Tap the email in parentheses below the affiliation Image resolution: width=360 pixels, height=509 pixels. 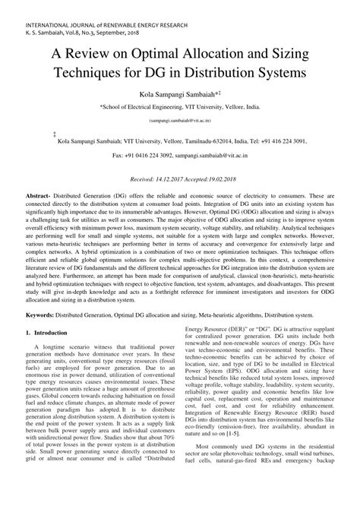tap(179, 120)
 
